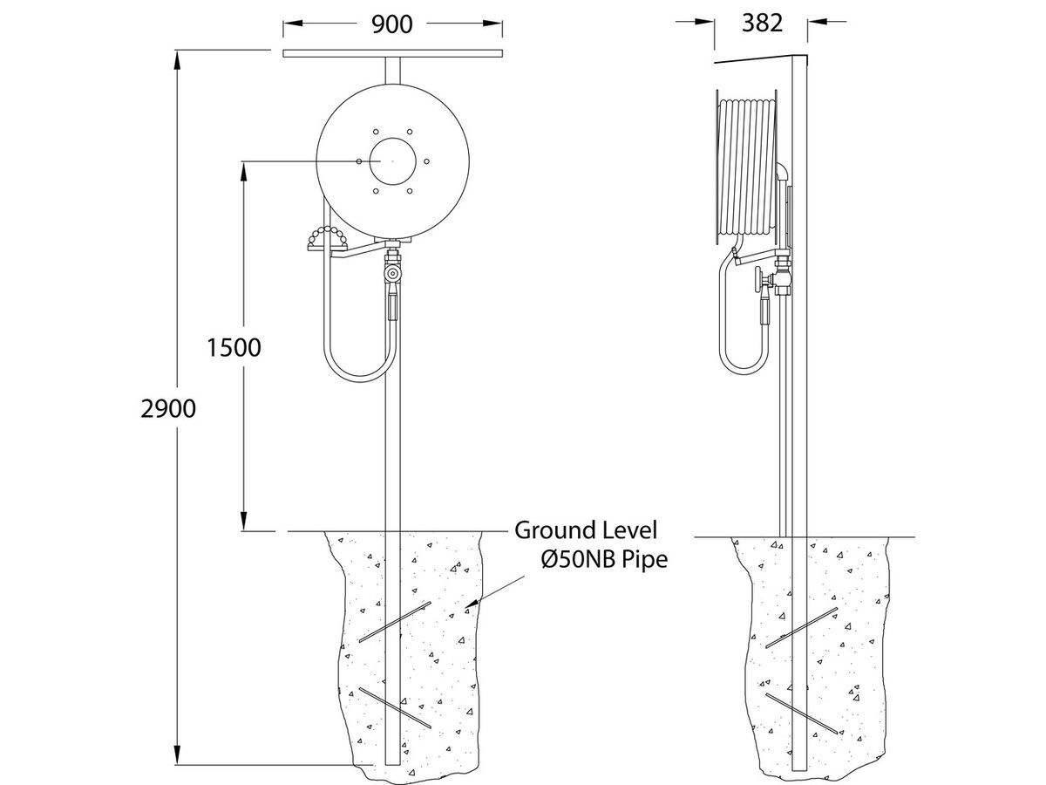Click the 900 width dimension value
click(392, 24)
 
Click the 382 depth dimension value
click(762, 24)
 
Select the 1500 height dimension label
click(234, 347)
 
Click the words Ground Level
click(586, 529)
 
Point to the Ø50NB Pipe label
click(603, 559)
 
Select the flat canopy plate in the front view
click(393, 54)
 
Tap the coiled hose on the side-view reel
click(748, 170)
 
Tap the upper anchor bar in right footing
click(802, 628)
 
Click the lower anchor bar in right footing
click(802, 713)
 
